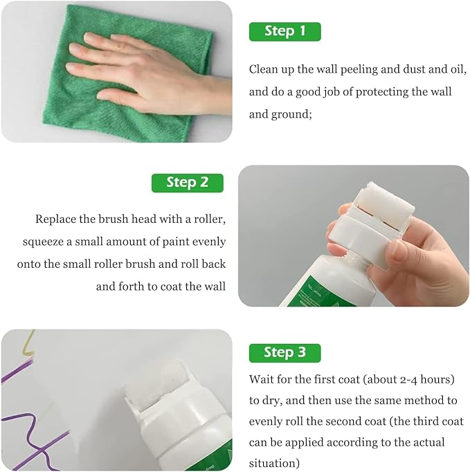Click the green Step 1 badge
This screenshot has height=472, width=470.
[x=284, y=32]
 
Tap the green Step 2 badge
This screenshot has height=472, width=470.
[x=188, y=183]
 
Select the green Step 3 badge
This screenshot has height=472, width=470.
[x=284, y=353]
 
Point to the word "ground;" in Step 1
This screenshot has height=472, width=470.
[x=291, y=115]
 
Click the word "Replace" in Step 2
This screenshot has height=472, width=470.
[x=55, y=219]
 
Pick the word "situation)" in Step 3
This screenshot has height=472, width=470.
[x=274, y=463]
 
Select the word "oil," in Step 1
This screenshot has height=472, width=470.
[x=458, y=70]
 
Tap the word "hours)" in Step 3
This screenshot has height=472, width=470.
[x=437, y=379]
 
